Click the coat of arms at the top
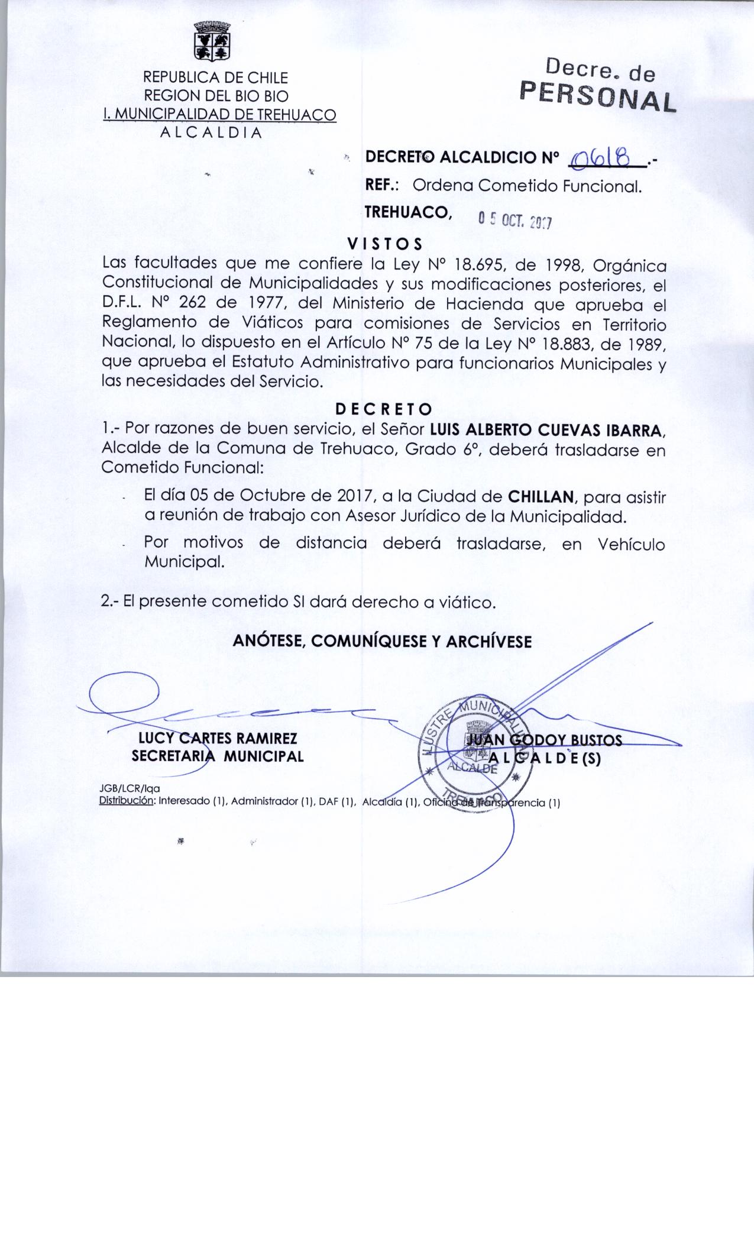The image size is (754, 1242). click(x=212, y=41)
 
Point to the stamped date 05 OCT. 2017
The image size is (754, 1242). click(x=514, y=221)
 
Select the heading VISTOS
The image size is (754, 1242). click(x=384, y=244)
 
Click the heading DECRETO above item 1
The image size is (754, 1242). click(x=383, y=409)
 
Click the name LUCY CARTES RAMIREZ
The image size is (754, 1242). click(x=217, y=738)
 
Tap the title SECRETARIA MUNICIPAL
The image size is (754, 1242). click(x=218, y=756)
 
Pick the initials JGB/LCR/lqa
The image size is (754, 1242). click(x=131, y=789)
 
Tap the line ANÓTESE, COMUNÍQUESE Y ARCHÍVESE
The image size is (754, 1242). click(x=382, y=642)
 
